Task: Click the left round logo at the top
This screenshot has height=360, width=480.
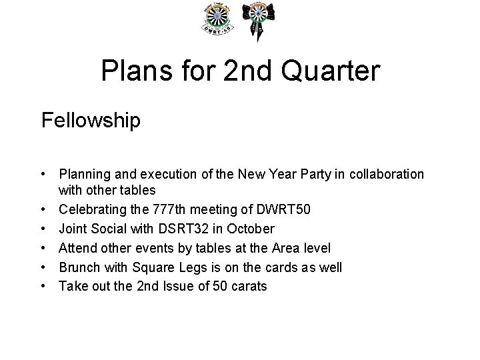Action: point(218,20)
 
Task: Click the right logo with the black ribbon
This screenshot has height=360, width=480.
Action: point(258,20)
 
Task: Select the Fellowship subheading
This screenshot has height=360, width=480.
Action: point(91,121)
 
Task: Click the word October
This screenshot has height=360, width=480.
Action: point(250,229)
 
